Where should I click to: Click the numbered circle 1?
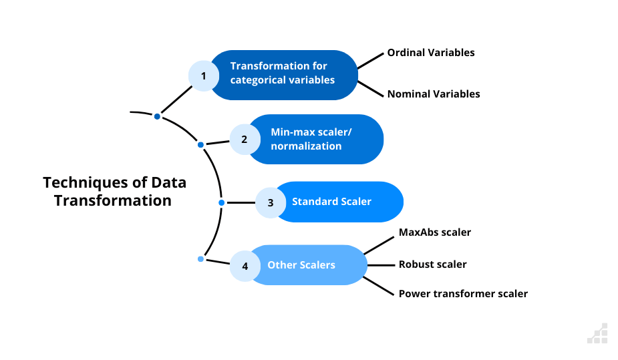click(204, 75)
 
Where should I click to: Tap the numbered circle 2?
click(245, 140)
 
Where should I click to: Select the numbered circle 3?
click(271, 202)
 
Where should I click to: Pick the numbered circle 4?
click(245, 266)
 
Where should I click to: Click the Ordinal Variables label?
click(431, 52)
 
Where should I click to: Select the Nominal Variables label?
click(434, 94)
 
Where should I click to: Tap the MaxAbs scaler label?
click(435, 232)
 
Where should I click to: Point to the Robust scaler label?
click(432, 264)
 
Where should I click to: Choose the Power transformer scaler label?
click(463, 293)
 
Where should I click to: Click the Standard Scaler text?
click(331, 201)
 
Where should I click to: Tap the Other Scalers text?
click(301, 265)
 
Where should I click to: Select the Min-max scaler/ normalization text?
click(311, 139)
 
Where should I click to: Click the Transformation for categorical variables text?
click(283, 73)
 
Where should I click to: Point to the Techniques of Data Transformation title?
click(114, 191)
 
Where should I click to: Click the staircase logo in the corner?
click(598, 333)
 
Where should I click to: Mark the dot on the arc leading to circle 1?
click(157, 116)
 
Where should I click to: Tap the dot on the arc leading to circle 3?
click(222, 202)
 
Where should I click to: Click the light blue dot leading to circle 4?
click(200, 258)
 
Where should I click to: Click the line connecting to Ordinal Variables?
click(371, 59)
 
